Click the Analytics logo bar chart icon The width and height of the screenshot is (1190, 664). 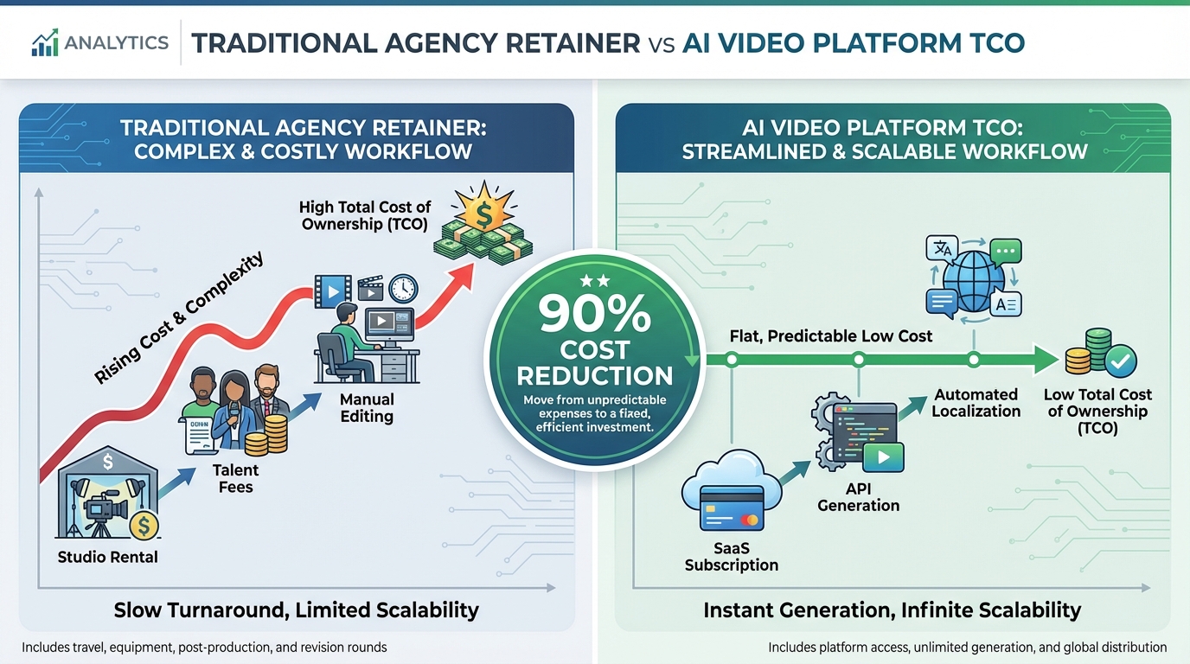point(45,42)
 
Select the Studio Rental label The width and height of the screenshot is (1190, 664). point(107,557)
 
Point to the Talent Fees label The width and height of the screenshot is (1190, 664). point(235,478)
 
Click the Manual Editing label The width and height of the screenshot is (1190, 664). point(367,407)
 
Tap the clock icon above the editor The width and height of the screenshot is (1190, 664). point(403,288)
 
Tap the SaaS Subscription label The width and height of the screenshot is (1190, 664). point(731,556)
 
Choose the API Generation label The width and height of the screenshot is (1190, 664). point(858,497)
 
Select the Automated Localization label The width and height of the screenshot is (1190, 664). point(976,403)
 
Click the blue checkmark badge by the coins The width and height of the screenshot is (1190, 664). point(1121,362)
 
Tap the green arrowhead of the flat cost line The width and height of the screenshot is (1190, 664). point(1049,360)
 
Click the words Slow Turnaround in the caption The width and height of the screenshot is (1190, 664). point(198,610)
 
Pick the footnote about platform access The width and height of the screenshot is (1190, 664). point(967,647)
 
